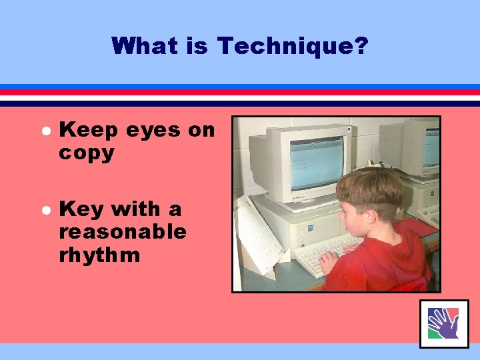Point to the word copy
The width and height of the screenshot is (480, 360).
[x=87, y=153]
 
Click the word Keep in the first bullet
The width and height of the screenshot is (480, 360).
[x=85, y=131]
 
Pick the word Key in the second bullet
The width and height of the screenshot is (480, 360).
[x=81, y=209]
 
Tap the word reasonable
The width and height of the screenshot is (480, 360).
[x=123, y=232]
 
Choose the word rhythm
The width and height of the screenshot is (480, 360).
[x=99, y=255]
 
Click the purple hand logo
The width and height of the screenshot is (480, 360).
[x=443, y=323]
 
